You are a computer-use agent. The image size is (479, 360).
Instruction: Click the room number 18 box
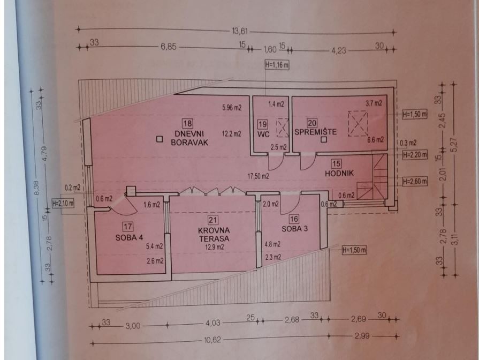coord(187,123)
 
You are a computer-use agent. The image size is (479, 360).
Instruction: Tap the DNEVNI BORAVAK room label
coord(189,138)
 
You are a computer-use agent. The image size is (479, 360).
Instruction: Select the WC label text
coord(263,134)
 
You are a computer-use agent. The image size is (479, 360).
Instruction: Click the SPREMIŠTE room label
coord(316,132)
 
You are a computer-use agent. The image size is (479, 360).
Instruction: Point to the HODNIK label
coord(339,173)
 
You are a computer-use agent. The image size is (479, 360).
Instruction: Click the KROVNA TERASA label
coord(214,234)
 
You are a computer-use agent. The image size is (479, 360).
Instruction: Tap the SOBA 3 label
coord(294,229)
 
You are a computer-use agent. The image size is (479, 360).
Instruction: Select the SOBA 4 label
coord(129,237)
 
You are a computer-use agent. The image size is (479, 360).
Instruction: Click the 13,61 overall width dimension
coord(240,31)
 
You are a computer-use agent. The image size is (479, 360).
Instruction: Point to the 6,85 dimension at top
coord(169,47)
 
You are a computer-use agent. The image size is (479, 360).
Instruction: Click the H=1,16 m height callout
coord(277,65)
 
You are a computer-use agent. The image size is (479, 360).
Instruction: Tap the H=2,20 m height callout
coord(415,155)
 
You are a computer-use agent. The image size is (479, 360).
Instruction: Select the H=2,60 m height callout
coord(415,182)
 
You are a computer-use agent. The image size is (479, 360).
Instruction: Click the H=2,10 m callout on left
coord(63,203)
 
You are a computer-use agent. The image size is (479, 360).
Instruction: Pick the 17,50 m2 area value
coord(258,176)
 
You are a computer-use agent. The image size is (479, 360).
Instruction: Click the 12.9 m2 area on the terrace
coord(215,247)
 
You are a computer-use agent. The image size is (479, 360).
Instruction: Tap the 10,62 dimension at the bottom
coord(212,340)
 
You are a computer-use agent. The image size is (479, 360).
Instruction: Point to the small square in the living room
coord(159,139)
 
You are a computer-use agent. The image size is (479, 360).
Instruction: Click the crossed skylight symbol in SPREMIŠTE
coord(358,124)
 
